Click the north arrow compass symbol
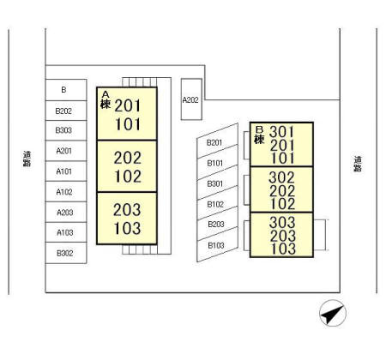click(333, 313)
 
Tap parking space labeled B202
click(66, 111)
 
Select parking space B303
click(66, 130)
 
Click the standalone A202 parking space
click(191, 99)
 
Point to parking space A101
click(66, 171)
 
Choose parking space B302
click(66, 253)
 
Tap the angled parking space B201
click(217, 141)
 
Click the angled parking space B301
click(217, 183)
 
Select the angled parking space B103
click(217, 244)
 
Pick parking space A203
click(66, 212)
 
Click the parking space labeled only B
click(66, 90)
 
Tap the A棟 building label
click(106, 100)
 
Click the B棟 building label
click(259, 135)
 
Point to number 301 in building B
click(281, 132)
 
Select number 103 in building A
click(127, 228)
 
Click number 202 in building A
click(128, 158)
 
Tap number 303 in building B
click(282, 222)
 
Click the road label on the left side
click(27, 159)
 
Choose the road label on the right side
click(358, 164)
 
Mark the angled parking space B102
click(217, 203)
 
